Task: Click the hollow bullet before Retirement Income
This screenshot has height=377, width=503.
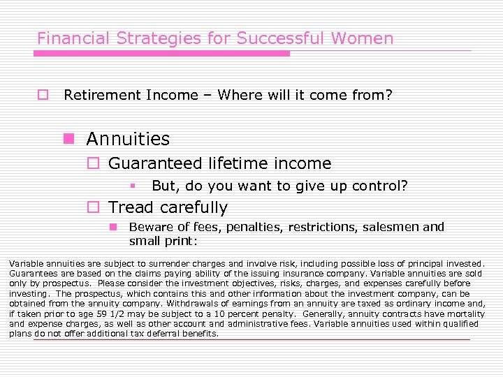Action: pos(43,95)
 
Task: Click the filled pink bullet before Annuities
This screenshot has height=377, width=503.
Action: pos(68,139)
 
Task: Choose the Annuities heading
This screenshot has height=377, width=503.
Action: pos(128,139)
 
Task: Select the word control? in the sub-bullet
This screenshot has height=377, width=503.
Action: pos(382,186)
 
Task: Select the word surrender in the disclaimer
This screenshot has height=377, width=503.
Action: pos(161,264)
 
